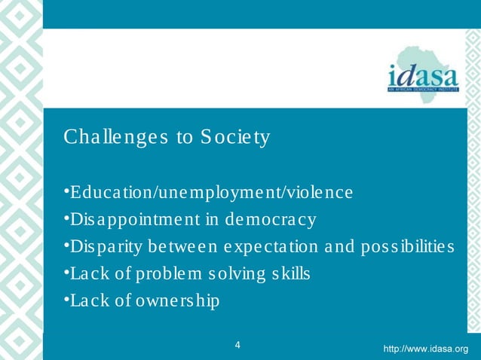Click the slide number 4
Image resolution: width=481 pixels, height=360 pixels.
click(x=238, y=346)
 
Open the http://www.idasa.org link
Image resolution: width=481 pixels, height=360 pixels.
click(x=426, y=349)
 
